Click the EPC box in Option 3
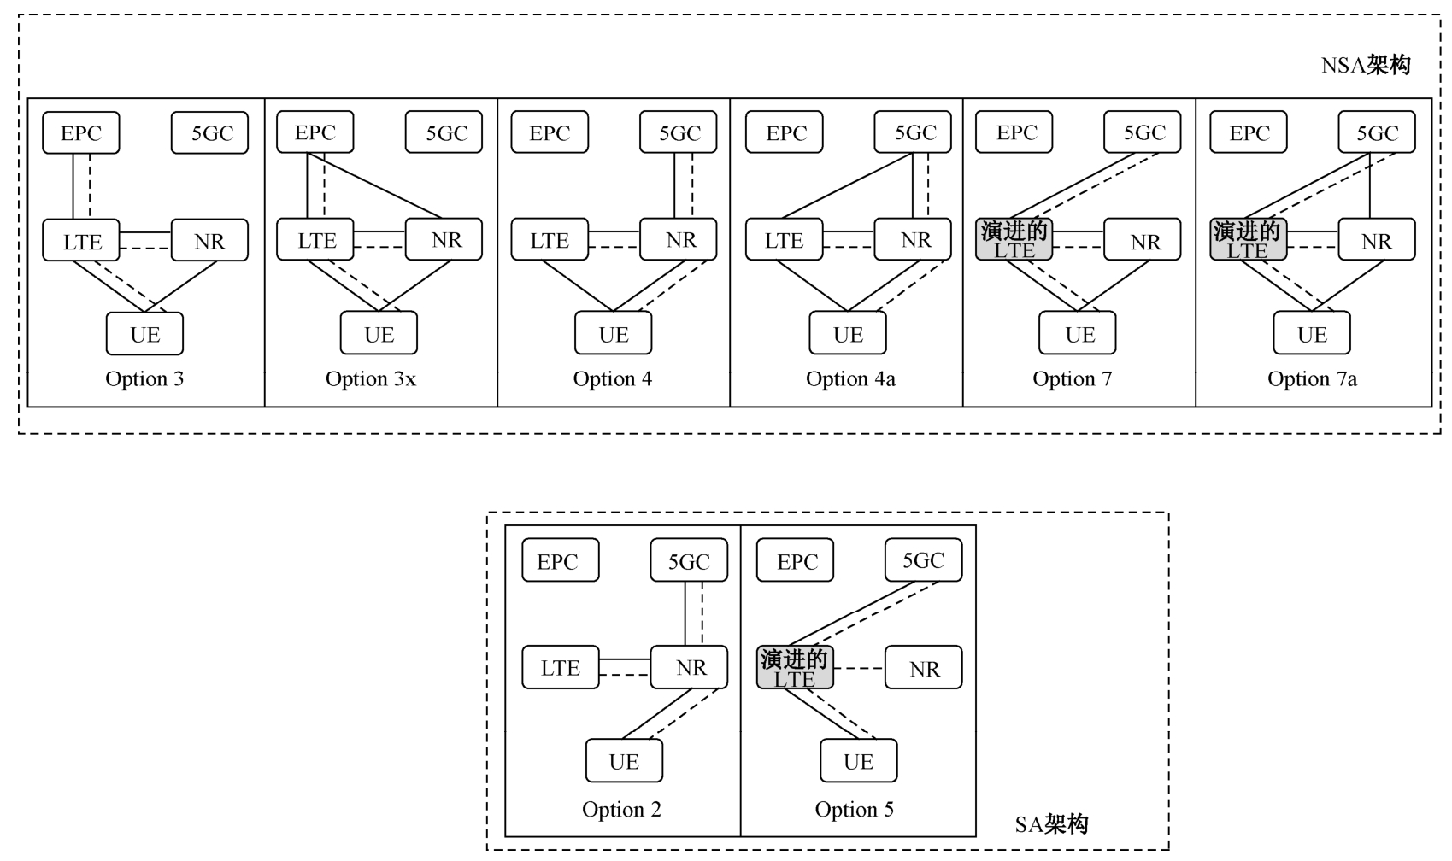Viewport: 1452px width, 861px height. click(81, 133)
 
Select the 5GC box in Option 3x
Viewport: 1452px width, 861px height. click(444, 133)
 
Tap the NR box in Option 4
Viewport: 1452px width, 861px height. click(679, 240)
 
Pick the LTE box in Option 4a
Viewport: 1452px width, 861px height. click(784, 240)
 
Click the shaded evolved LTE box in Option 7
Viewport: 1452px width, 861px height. click(1014, 240)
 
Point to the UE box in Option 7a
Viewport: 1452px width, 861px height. click(1312, 334)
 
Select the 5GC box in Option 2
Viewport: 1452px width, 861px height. click(689, 561)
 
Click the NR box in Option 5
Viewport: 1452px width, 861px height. click(923, 668)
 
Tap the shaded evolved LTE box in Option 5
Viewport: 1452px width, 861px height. click(795, 668)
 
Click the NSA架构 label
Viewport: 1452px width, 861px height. click(1365, 66)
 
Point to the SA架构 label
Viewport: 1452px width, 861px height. click(1051, 824)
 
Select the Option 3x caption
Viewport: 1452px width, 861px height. click(370, 379)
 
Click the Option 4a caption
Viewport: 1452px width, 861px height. click(850, 379)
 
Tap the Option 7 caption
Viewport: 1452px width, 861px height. click(1072, 379)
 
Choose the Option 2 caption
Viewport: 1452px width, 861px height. click(621, 810)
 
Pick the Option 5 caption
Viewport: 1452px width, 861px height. click(854, 810)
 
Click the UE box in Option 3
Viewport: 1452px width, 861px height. click(144, 334)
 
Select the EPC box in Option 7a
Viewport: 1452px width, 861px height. click(1249, 133)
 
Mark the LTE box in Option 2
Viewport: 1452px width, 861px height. click(561, 668)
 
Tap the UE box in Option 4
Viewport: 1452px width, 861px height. click(614, 334)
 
